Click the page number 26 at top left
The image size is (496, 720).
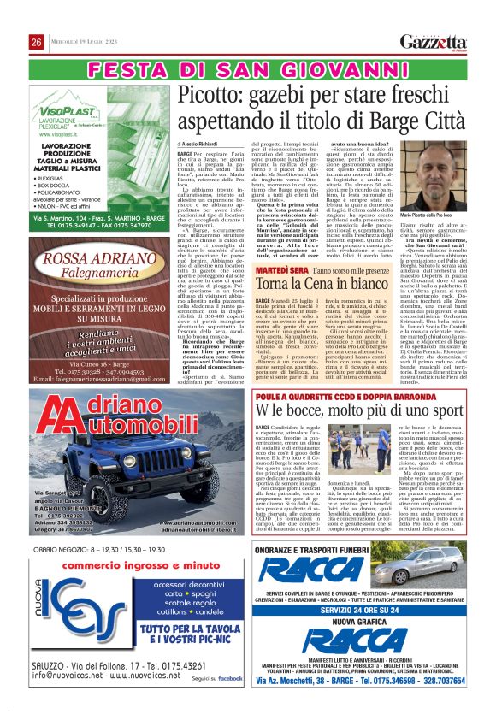click(x=37, y=43)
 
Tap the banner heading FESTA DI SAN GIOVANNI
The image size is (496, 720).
click(x=247, y=68)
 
